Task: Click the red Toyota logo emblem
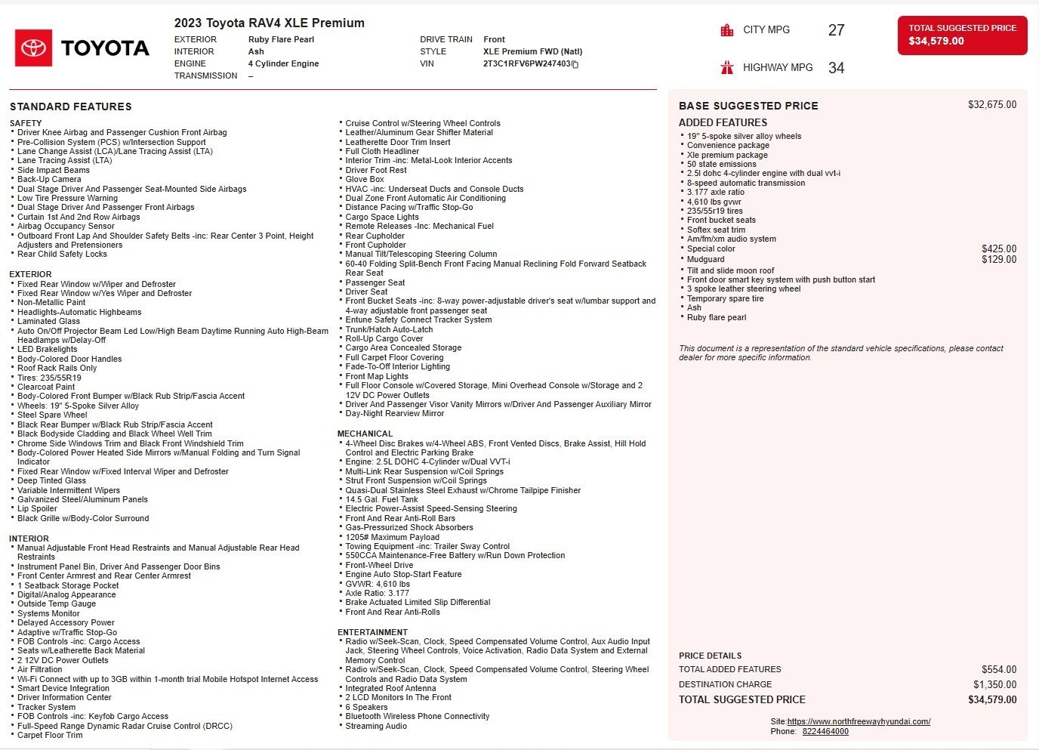[x=33, y=48]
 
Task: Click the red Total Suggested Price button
[x=962, y=35]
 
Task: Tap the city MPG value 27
[x=836, y=30]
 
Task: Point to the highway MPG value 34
[x=836, y=68]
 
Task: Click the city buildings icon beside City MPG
[x=727, y=30]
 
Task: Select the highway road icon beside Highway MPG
[x=727, y=67]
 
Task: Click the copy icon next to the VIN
[x=575, y=65]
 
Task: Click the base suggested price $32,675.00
[x=991, y=105]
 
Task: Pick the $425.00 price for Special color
[x=998, y=248]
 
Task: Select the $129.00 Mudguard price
[x=998, y=259]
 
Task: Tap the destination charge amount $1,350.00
[x=994, y=684]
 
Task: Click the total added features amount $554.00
[x=998, y=669]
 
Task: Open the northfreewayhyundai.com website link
[x=859, y=721]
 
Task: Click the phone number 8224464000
[x=825, y=731]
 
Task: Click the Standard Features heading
[x=71, y=106]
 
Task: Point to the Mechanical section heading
[x=365, y=434]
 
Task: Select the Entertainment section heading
[x=372, y=632]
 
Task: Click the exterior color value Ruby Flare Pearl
[x=281, y=39]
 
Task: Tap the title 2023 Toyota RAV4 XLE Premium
[x=270, y=23]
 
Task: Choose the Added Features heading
[x=723, y=122]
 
